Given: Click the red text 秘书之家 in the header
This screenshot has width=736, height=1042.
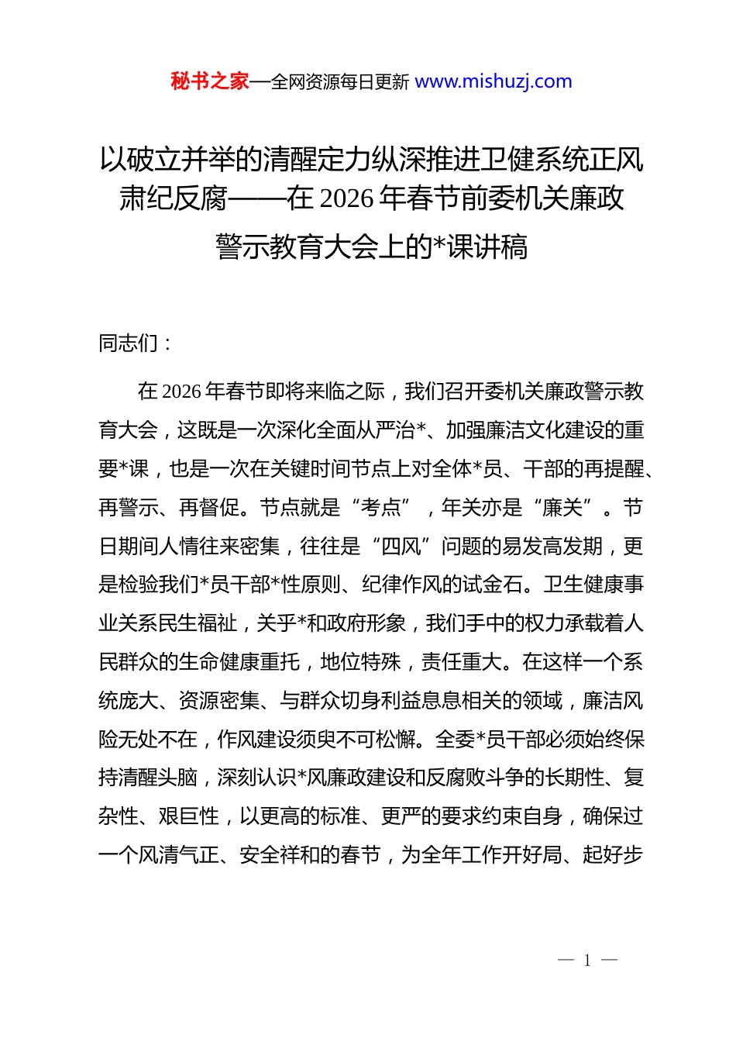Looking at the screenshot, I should (209, 81).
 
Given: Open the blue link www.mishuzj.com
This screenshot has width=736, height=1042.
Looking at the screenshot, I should (494, 81).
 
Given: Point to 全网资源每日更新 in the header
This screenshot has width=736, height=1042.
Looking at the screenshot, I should (339, 82).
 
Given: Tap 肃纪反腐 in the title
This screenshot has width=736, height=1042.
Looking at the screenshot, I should (173, 199).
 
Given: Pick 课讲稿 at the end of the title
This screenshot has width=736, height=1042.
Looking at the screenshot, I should (488, 247).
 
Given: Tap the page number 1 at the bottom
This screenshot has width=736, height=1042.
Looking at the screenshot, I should (587, 961).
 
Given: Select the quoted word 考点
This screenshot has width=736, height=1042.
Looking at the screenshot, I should (381, 508).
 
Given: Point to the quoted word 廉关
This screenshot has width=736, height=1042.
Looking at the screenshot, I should (562, 508).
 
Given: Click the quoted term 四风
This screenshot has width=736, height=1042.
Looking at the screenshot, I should (401, 547).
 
